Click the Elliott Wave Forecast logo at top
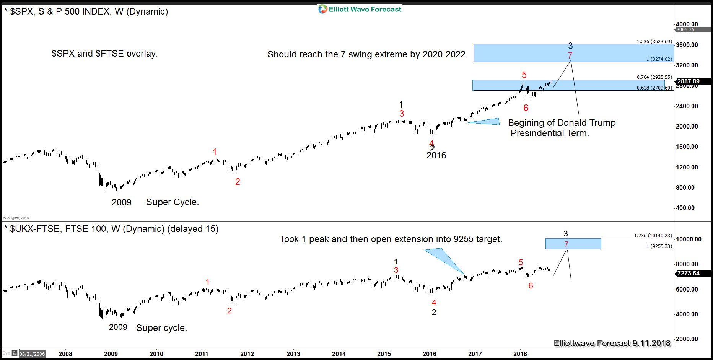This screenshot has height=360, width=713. [x=360, y=9]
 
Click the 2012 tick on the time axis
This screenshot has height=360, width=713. [x=247, y=354]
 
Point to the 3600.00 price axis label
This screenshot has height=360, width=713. [x=687, y=45]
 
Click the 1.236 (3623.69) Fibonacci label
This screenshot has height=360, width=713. [x=654, y=41]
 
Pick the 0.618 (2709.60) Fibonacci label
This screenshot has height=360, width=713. [x=654, y=88]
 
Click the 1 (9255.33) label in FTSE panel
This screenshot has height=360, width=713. [x=659, y=246]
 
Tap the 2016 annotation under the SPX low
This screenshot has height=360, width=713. [x=436, y=155]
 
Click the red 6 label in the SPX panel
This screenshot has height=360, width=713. [x=526, y=108]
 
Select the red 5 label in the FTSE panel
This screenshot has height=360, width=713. [x=521, y=262]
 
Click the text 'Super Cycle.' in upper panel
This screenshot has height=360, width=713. [x=173, y=202]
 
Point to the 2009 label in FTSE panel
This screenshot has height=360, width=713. [x=118, y=327]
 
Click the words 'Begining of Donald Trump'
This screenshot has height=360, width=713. [x=562, y=123]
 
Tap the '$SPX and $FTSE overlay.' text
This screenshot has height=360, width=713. [x=104, y=54]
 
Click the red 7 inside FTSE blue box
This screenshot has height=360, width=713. [x=566, y=244]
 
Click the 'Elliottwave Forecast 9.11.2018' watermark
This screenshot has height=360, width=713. [x=612, y=343]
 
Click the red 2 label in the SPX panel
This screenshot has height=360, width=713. [x=238, y=182]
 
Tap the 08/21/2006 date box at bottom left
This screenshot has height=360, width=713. [x=32, y=354]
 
